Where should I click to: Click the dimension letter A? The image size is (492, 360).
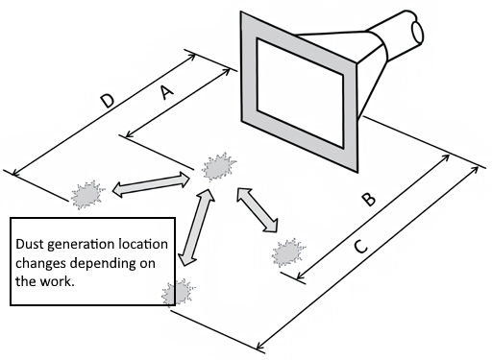click(x=167, y=92)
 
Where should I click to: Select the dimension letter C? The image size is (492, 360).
click(x=361, y=247)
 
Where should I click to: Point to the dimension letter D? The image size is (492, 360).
click(x=108, y=101)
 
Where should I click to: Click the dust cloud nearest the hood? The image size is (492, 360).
click(x=219, y=167)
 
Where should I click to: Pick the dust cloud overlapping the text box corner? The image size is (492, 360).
click(x=179, y=293)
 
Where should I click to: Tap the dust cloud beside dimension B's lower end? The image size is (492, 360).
click(x=288, y=252)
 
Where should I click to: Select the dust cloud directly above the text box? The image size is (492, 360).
click(x=87, y=194)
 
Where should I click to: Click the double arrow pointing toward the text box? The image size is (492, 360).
click(x=196, y=228)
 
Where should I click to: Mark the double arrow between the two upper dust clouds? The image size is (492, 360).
click(x=151, y=185)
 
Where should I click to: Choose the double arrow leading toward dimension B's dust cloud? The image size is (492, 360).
click(x=258, y=209)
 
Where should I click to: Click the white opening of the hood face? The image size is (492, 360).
click(x=300, y=93)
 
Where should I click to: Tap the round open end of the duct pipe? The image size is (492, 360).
click(x=417, y=32)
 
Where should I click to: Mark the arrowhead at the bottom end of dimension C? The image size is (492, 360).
click(x=260, y=346)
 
